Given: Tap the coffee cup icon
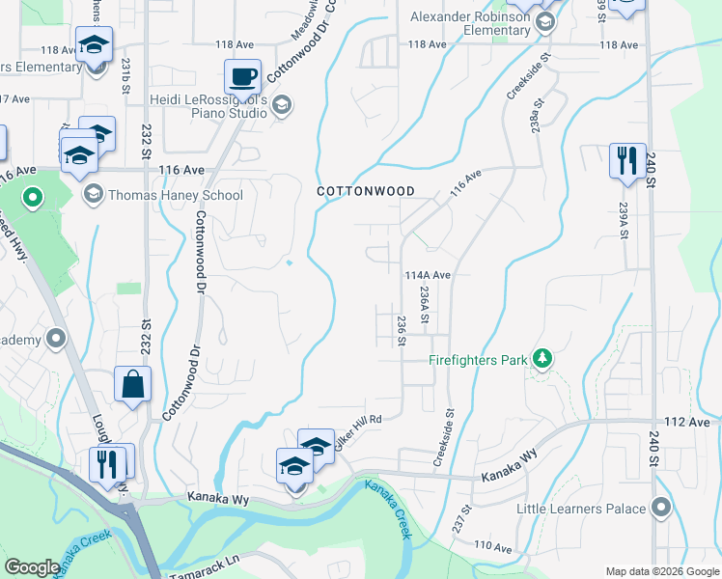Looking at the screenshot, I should pyautogui.click(x=242, y=76).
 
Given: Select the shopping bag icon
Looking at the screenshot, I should pyautogui.click(x=132, y=384).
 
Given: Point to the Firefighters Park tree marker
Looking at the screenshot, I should pyautogui.click(x=542, y=359).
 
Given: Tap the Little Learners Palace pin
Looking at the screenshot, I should pyautogui.click(x=661, y=507).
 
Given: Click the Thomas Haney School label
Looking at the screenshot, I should pyautogui.click(x=176, y=195).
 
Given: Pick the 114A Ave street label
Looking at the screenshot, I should pyautogui.click(x=428, y=275).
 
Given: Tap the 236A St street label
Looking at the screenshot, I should pyautogui.click(x=424, y=303).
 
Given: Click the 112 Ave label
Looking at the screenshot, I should pyautogui.click(x=686, y=424).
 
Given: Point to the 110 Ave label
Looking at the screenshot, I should pyautogui.click(x=492, y=546).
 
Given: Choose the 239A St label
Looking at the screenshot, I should pyautogui.click(x=625, y=221).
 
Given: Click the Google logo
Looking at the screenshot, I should pyautogui.click(x=32, y=567).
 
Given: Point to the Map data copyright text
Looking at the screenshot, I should pyautogui.click(x=661, y=571).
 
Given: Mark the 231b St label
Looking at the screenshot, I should pyautogui.click(x=126, y=75).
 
